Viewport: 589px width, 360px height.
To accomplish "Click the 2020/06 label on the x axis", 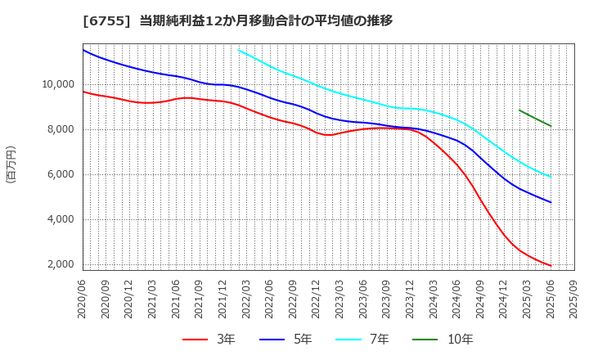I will click(x=83, y=298).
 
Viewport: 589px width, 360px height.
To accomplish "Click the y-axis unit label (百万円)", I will click(x=11, y=164).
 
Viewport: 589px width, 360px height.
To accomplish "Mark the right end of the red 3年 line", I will click(x=551, y=266).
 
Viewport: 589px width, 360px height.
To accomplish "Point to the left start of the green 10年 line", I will click(x=519, y=110).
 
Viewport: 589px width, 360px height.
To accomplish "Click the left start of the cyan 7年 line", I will click(x=238, y=50).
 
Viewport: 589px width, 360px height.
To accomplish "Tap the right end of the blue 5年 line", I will click(x=551, y=202).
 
